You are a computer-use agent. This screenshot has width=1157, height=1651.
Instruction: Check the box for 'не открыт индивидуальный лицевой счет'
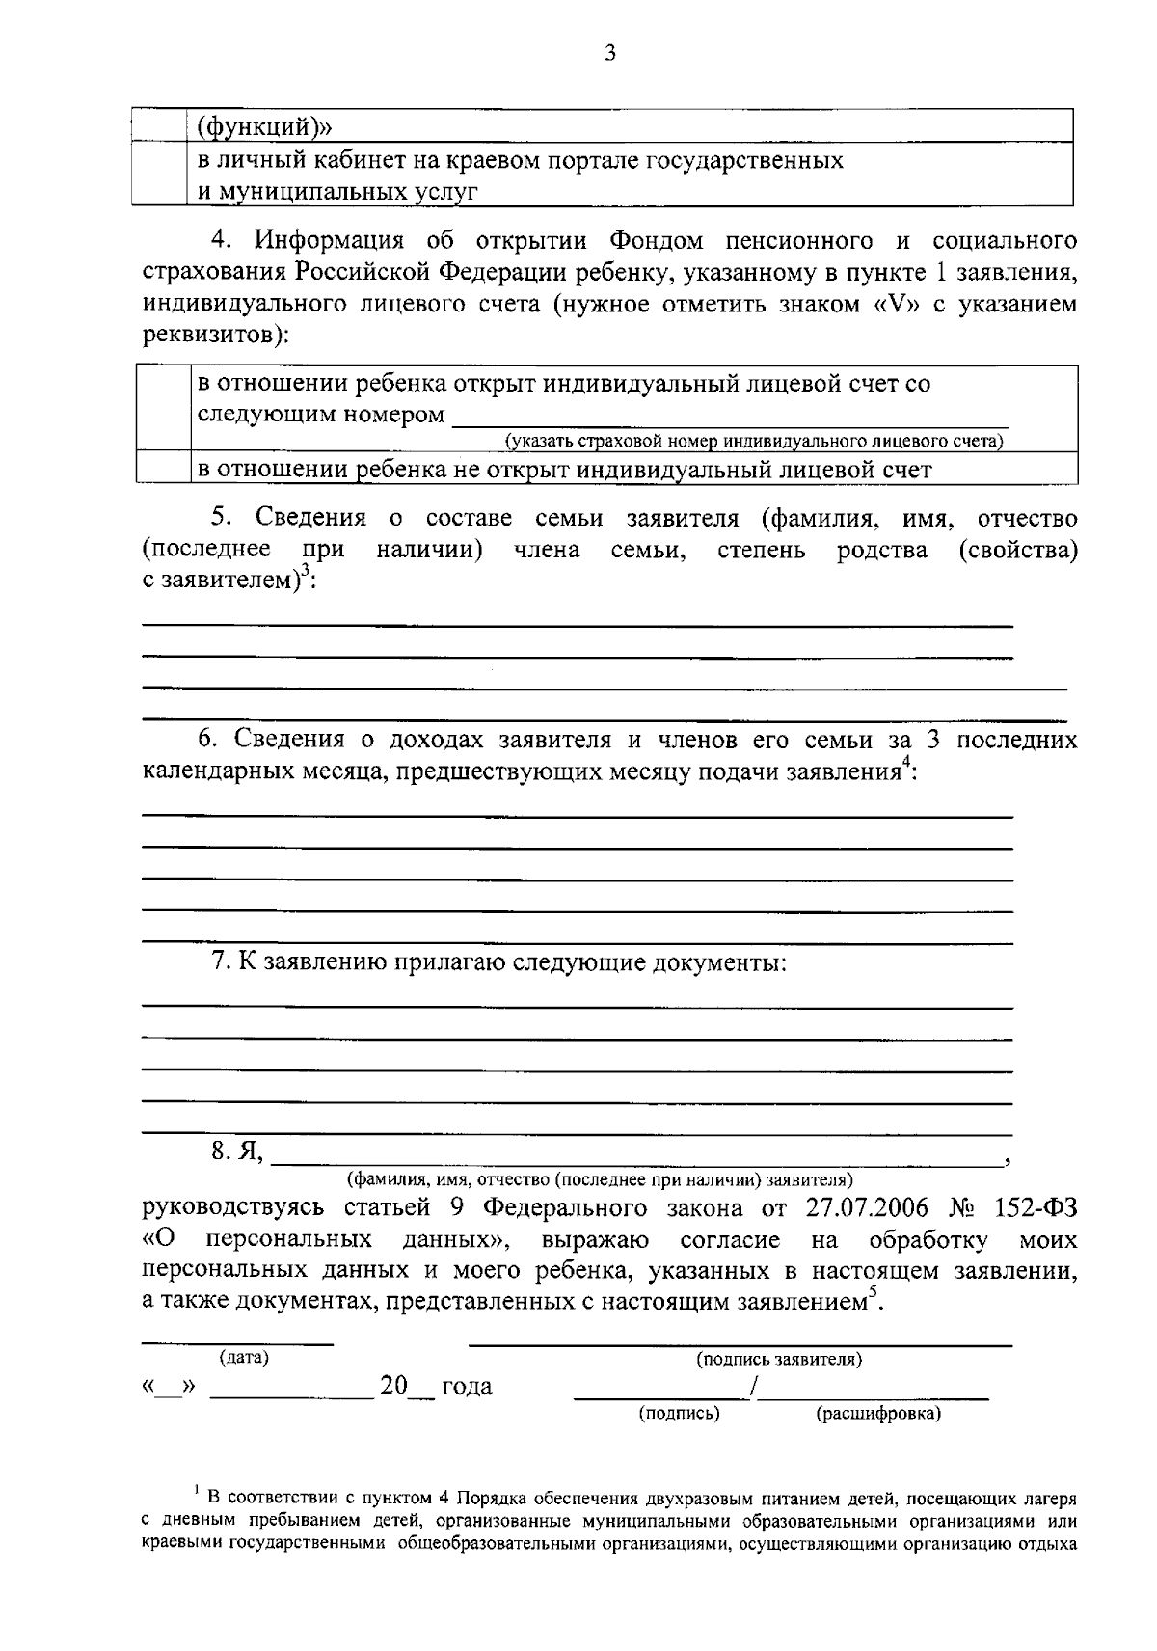point(163,470)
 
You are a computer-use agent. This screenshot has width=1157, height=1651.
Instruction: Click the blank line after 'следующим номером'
point(730,417)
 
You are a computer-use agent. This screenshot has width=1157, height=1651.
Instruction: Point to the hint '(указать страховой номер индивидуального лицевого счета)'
point(755,442)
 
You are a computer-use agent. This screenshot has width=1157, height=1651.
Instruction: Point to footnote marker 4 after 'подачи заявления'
point(905,764)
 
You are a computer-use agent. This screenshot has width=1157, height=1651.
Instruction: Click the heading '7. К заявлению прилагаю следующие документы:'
point(498,961)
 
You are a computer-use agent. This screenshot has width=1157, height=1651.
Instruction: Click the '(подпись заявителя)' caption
point(779,1359)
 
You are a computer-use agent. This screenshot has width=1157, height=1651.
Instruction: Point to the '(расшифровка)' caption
point(878,1414)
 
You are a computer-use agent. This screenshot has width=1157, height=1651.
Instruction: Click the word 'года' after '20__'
point(467,1387)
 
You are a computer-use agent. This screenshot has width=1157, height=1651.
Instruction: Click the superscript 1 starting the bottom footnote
point(197,1492)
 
